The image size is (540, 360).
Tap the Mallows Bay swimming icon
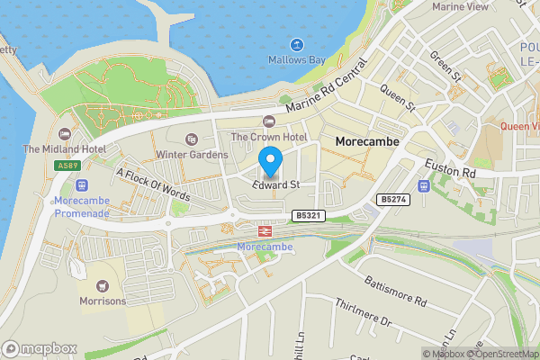tap(296, 45)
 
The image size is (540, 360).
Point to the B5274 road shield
tap(391, 199)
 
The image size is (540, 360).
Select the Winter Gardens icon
tap(190, 139)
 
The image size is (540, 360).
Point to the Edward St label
tap(275, 184)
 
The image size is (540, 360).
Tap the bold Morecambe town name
tap(366, 142)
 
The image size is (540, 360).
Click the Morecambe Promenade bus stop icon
tap(81, 184)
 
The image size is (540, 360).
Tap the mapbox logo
tap(40, 348)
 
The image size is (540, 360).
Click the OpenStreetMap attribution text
tap(501, 354)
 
